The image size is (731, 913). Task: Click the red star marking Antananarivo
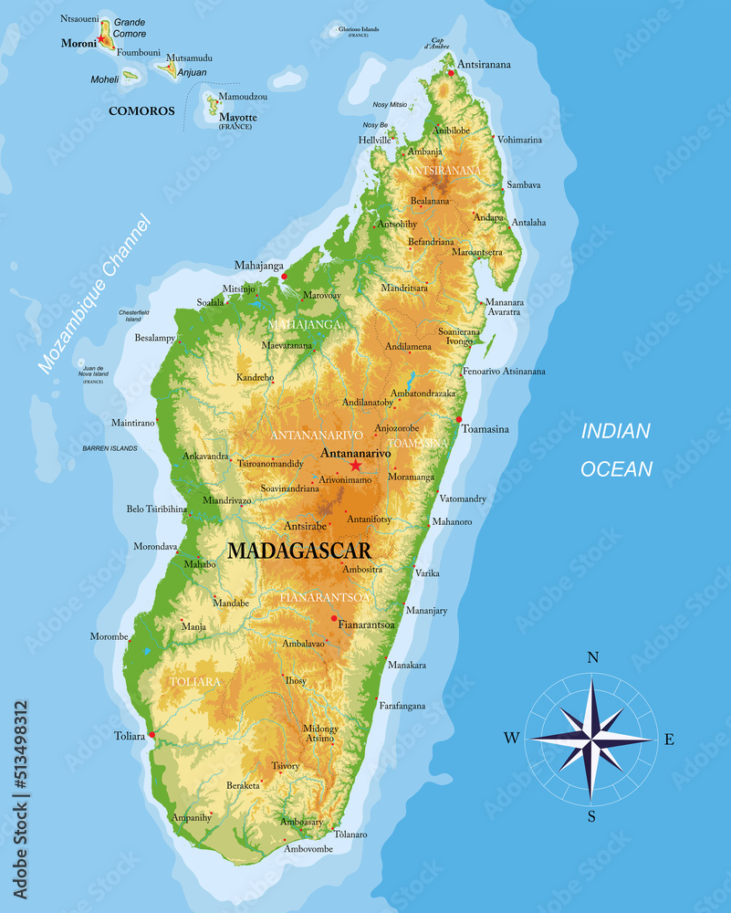[355, 466]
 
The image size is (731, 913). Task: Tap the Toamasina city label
[485, 429]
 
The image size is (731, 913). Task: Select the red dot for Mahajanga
[284, 275]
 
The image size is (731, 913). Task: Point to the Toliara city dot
[151, 734]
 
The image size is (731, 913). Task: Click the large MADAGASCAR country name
[299, 551]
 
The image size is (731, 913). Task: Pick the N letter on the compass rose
[592, 657]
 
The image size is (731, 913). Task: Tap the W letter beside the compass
[511, 738]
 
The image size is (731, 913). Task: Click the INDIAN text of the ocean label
[616, 431]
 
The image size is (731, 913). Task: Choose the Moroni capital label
[78, 43]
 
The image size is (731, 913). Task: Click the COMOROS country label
[141, 111]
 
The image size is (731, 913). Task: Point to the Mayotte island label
[238, 118]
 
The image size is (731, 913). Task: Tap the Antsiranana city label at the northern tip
[485, 65]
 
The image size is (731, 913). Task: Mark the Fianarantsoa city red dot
[334, 618]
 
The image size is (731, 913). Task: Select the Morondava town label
[155, 547]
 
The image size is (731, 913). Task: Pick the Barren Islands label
[110, 448]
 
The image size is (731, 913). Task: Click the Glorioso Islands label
[359, 29]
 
